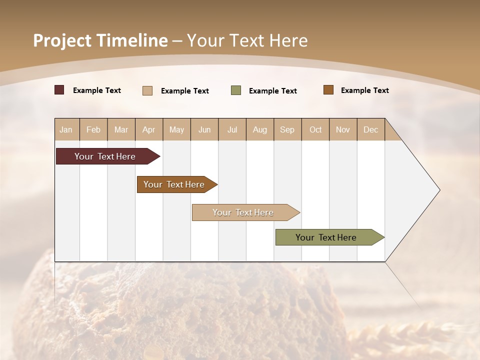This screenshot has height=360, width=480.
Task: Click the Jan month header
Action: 66,129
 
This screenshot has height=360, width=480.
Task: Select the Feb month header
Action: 93,129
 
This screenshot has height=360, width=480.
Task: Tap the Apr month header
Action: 149,129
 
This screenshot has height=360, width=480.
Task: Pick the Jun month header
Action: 204,129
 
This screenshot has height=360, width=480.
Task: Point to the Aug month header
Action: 260,129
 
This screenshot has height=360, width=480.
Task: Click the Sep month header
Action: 287,129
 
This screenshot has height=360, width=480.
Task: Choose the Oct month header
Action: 315,129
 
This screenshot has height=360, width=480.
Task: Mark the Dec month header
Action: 371,129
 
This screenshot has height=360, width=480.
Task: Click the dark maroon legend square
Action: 59,90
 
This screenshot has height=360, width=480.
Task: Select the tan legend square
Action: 147,90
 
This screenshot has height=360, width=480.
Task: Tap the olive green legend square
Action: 236,90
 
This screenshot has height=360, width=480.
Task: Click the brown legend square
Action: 328,90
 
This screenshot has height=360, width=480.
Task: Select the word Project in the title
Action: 62,40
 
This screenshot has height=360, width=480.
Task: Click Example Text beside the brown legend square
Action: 364,90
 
